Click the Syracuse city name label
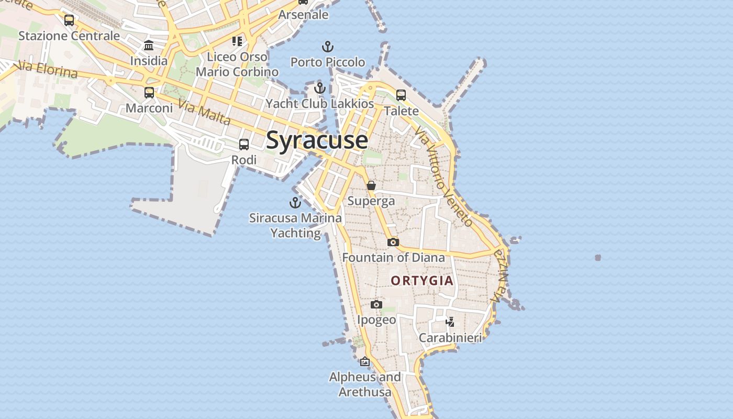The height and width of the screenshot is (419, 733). pyautogui.click(x=317, y=140)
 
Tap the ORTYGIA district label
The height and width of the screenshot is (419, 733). pyautogui.click(x=422, y=281)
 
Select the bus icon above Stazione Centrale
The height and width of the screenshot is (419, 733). pyautogui.click(x=69, y=20)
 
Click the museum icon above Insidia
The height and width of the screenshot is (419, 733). pyautogui.click(x=149, y=45)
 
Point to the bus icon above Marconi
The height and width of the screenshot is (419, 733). pyautogui.click(x=149, y=93)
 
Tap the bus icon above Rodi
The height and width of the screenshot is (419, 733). pyautogui.click(x=244, y=145)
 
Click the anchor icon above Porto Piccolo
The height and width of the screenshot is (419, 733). pyautogui.click(x=328, y=47)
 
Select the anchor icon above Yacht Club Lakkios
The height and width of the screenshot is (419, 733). pyautogui.click(x=320, y=88)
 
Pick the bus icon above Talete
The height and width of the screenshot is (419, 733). pyautogui.click(x=401, y=95)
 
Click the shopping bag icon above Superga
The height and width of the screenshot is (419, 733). pyautogui.click(x=371, y=185)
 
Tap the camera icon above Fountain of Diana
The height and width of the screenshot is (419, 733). pyautogui.click(x=393, y=242)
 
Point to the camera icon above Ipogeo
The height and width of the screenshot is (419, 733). pyautogui.click(x=376, y=305)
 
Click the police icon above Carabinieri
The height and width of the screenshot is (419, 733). pyautogui.click(x=450, y=322)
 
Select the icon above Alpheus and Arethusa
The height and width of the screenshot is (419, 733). pyautogui.click(x=365, y=361)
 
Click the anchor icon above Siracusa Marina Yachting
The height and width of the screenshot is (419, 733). pyautogui.click(x=296, y=202)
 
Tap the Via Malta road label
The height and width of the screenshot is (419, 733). pyautogui.click(x=204, y=112)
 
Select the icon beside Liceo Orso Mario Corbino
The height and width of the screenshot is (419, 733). pyautogui.click(x=237, y=41)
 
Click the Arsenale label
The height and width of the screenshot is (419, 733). pyautogui.click(x=303, y=15)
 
